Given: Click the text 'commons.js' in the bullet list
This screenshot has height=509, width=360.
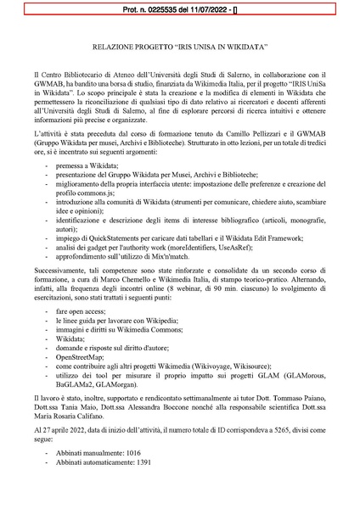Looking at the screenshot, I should (103, 204).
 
